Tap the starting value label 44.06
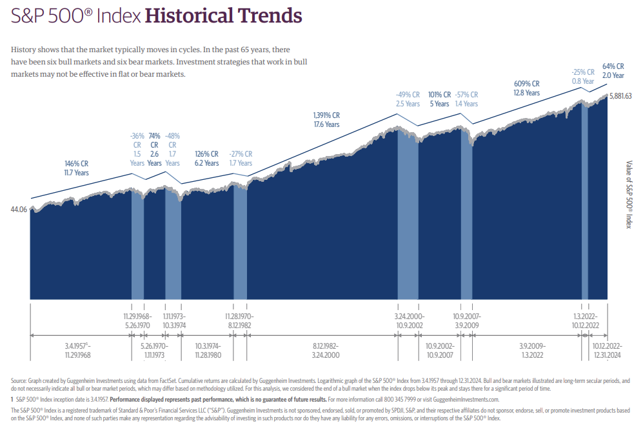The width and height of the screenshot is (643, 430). pos(19,210)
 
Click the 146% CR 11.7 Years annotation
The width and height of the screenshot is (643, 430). pos(77,168)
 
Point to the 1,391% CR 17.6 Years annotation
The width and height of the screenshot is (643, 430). pos(322,120)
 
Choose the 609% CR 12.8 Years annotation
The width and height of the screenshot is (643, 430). pos(527,88)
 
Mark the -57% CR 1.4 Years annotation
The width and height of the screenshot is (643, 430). pos(467,99)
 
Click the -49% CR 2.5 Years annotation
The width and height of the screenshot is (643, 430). pos(408,99)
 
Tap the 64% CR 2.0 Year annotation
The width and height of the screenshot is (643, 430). pos(613,71)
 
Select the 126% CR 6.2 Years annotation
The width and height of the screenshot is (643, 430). pos(206,159)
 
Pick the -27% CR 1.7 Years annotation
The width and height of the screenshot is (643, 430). pos(241,159)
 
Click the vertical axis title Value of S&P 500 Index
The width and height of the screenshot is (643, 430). pos(629,194)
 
